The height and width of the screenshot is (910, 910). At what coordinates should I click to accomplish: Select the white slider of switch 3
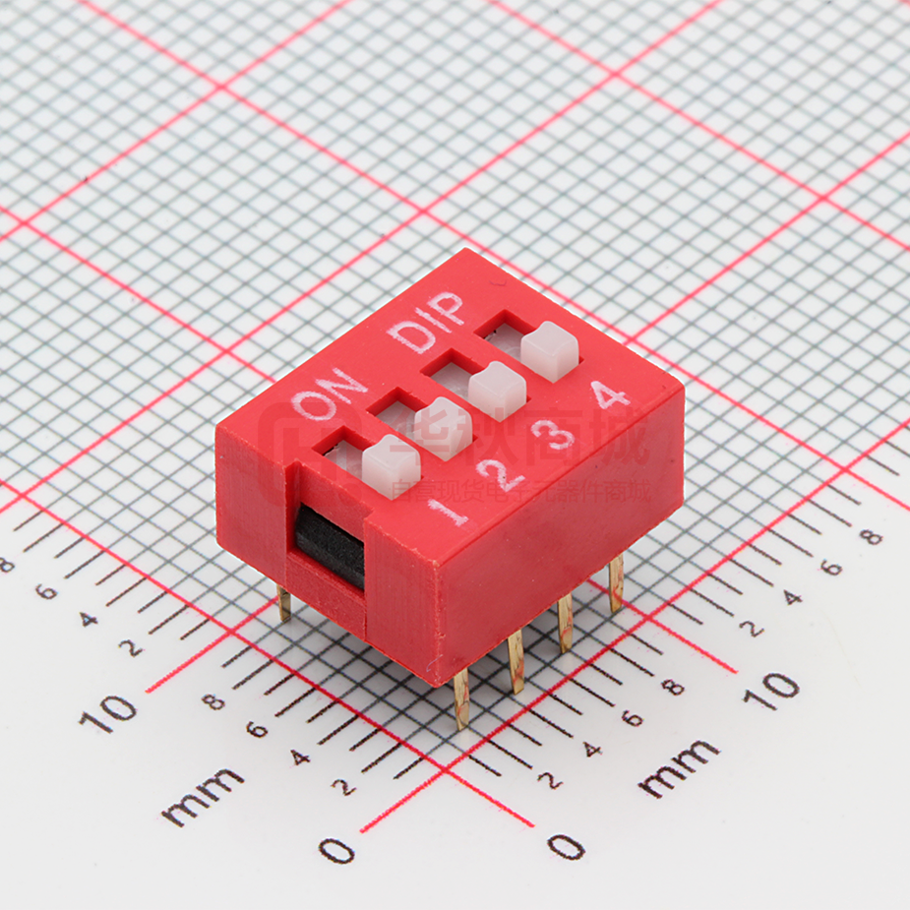(497, 390)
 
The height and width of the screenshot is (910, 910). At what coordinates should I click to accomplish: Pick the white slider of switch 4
(549, 351)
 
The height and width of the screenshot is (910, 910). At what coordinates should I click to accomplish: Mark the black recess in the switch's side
(330, 547)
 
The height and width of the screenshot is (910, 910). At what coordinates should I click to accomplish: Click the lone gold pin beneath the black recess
(283, 603)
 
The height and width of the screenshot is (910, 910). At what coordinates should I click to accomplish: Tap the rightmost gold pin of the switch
(616, 583)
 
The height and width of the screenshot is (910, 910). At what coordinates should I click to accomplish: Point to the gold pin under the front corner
(460, 699)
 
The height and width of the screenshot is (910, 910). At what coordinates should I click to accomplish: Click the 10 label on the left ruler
(108, 712)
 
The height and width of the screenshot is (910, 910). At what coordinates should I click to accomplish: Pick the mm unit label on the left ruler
(203, 796)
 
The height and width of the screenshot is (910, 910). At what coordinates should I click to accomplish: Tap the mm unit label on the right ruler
(679, 768)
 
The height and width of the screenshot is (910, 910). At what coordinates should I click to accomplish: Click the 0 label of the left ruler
(336, 849)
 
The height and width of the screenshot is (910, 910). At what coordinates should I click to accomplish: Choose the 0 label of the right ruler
(566, 845)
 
